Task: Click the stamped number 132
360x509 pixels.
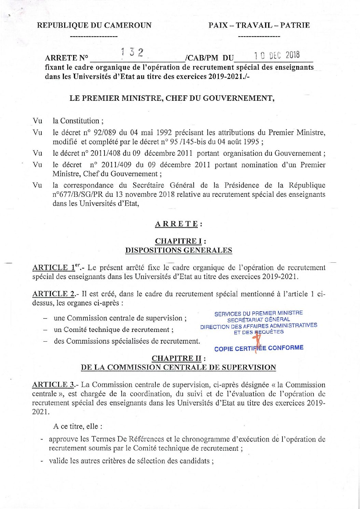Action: tap(132, 52)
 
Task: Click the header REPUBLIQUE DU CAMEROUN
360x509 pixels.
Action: tap(94, 25)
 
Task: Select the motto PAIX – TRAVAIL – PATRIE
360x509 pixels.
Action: tap(259, 25)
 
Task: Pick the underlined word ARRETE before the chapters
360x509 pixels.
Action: tap(177, 224)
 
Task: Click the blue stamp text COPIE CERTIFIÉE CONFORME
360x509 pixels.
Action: tap(259, 348)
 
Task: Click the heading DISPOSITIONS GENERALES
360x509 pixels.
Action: tap(179, 250)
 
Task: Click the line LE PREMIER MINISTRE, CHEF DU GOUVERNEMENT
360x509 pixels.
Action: tap(172, 98)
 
